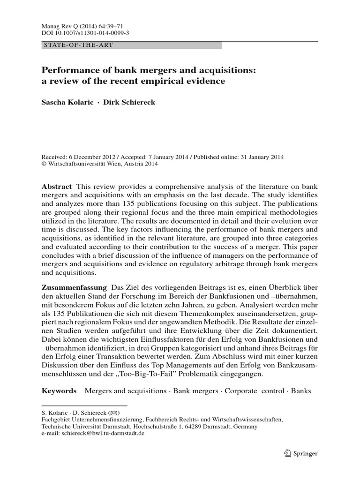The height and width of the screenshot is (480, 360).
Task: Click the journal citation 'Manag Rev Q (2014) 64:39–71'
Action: tap(77, 28)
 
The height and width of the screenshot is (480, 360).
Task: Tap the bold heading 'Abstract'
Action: tap(57, 186)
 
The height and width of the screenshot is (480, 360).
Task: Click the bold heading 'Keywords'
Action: tap(59, 390)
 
